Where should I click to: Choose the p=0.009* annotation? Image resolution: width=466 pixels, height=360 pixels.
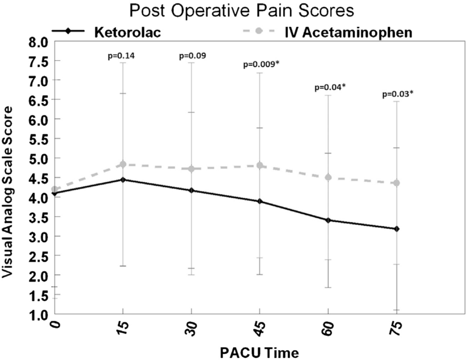(x=260, y=65)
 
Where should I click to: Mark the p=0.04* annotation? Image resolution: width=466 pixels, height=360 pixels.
(x=329, y=87)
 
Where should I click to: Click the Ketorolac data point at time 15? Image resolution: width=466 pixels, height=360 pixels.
(x=123, y=180)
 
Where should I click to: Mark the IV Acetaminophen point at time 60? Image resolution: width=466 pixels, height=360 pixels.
(x=328, y=177)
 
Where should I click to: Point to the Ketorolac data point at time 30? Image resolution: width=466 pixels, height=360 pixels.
(x=191, y=190)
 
